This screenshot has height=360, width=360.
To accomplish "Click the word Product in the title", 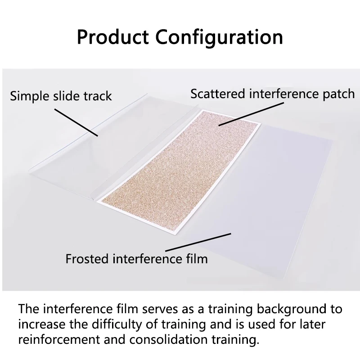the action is (113, 37).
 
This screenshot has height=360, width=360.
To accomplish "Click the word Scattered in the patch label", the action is (218, 94).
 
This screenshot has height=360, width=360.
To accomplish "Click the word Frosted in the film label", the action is (87, 259).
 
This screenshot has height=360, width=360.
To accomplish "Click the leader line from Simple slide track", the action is (76, 122).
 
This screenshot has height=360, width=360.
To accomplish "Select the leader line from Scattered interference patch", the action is (251, 114).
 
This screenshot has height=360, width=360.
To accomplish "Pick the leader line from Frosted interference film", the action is (198, 242).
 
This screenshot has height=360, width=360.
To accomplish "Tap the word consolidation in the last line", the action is (168, 340).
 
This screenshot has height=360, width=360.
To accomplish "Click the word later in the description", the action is (313, 324).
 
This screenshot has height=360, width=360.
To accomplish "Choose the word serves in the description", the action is (160, 309).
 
